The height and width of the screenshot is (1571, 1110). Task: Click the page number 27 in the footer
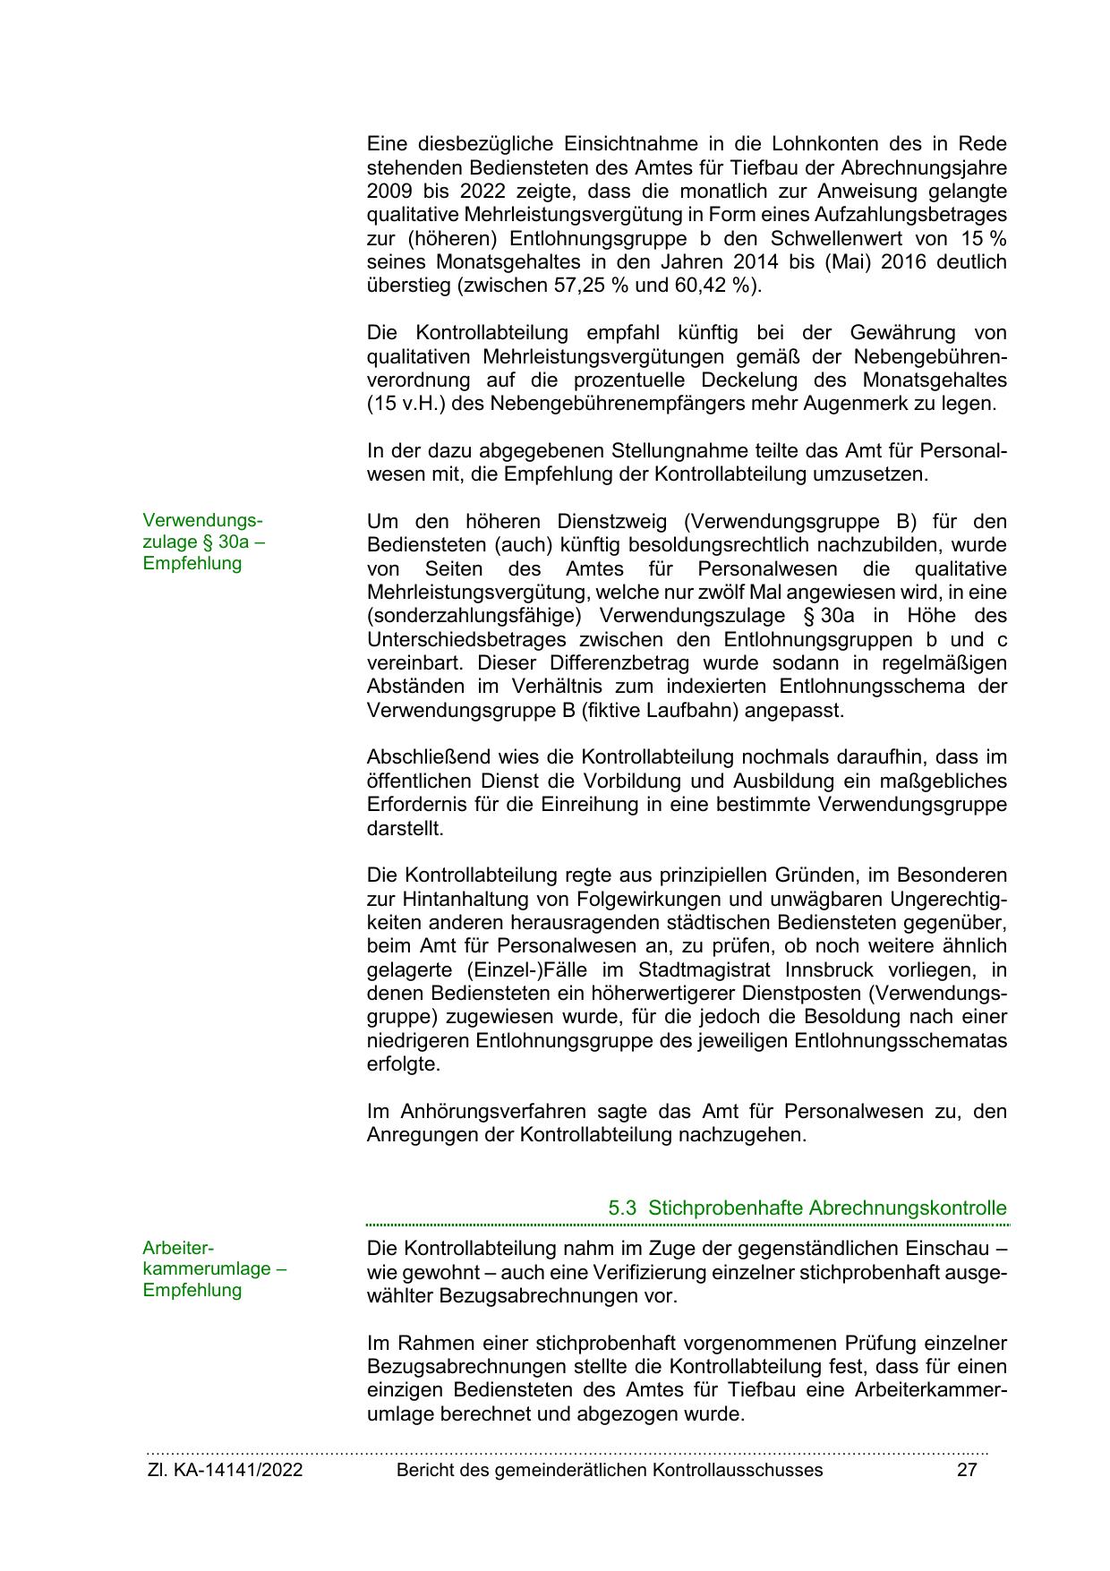tap(967, 1469)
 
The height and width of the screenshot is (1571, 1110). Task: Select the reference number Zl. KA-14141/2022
tap(225, 1469)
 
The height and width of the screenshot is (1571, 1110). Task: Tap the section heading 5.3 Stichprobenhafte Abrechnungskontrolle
tap(807, 1208)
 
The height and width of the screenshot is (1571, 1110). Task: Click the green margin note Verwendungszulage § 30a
tap(204, 542)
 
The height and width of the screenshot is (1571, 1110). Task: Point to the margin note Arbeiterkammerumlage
tap(214, 1268)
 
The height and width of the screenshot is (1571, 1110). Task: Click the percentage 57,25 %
tap(591, 286)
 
